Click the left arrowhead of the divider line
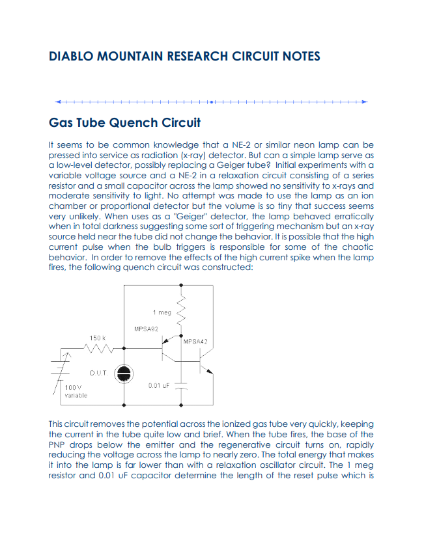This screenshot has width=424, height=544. click(59, 102)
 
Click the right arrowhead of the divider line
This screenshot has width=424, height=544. click(365, 102)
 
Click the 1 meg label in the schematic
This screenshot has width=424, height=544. click(162, 312)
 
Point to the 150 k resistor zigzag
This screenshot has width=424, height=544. click(98, 349)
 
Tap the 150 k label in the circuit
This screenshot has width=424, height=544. click(98, 338)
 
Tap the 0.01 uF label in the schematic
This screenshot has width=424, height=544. click(159, 385)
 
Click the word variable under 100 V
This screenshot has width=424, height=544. click(76, 395)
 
